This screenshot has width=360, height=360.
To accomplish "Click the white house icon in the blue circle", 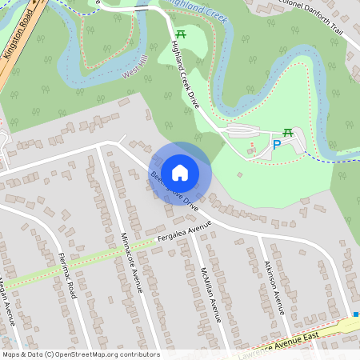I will coord(180,172).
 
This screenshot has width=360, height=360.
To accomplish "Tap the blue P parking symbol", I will coord(277,145).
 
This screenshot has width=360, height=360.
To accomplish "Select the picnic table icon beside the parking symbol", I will coord(288,133).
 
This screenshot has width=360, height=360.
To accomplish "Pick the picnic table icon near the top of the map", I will coord(181,34).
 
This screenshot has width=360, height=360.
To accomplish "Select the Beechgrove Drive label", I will coord(174,190).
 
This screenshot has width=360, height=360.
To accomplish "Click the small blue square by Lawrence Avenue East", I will coord(356,315).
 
